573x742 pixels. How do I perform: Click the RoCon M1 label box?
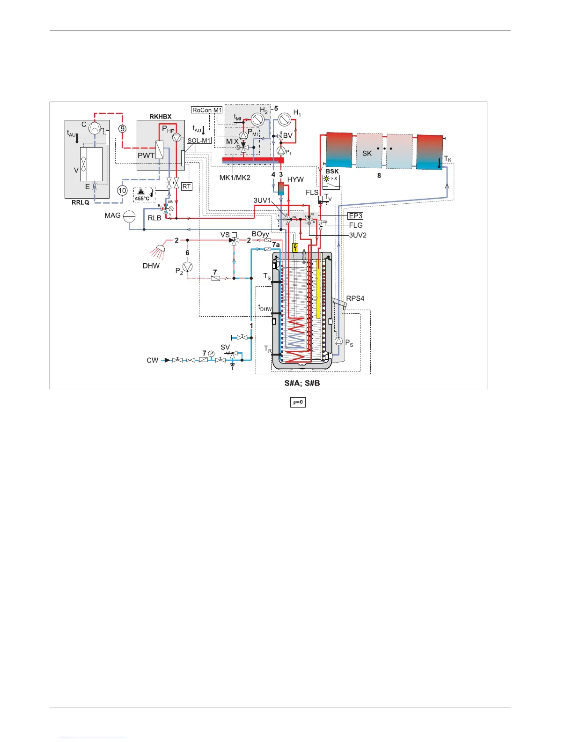(207, 110)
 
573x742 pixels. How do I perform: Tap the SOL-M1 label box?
(199, 141)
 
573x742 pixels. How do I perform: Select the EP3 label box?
(355, 216)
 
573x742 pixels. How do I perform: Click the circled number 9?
(122, 128)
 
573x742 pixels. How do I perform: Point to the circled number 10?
(122, 191)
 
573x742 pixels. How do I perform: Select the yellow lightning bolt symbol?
(295, 248)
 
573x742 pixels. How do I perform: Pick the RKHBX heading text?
(161, 117)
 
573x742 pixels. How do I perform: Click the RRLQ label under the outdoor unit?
(81, 202)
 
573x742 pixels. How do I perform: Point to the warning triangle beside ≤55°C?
(141, 191)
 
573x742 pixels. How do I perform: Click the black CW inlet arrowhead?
(167, 360)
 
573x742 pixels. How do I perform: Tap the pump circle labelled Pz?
(188, 267)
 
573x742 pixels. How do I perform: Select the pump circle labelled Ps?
(339, 342)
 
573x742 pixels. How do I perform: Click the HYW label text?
(295, 179)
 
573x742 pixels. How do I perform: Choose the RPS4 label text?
(355, 298)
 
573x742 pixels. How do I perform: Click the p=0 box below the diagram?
(298, 402)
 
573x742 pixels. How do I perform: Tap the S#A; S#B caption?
(302, 383)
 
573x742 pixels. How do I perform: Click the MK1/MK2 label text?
(235, 178)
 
